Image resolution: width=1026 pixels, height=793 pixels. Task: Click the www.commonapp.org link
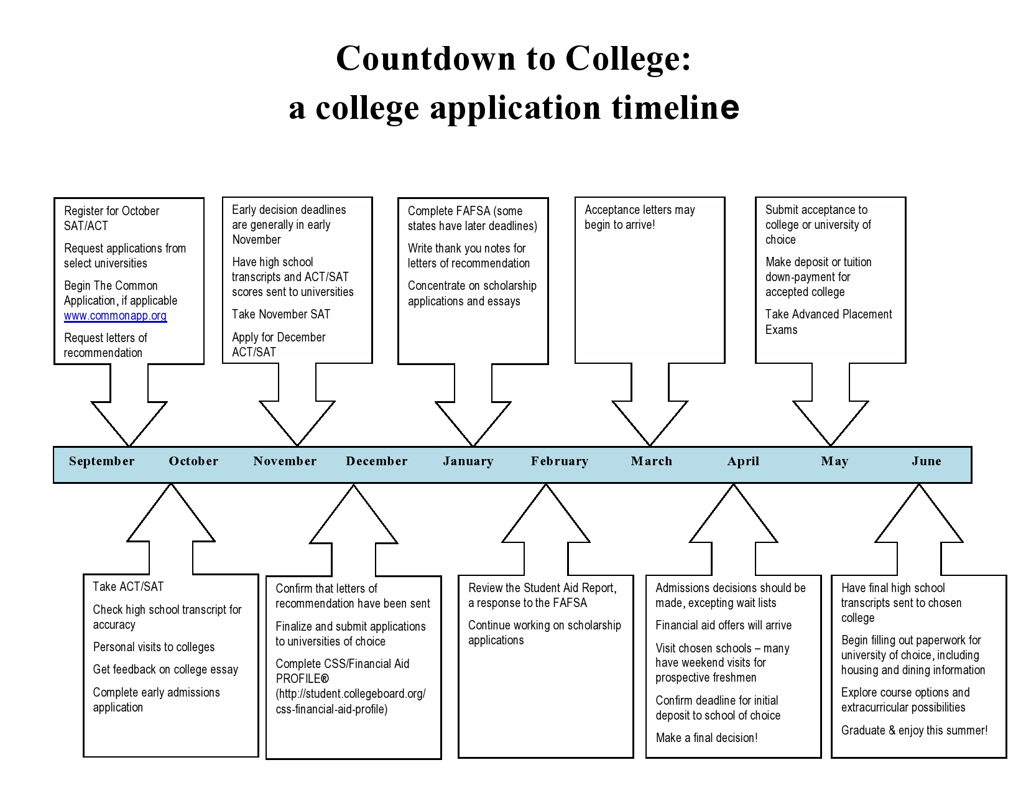pyautogui.click(x=115, y=315)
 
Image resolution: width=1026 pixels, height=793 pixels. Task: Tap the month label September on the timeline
pyautogui.click(x=101, y=461)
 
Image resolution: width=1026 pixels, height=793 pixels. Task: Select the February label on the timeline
pyautogui.click(x=560, y=461)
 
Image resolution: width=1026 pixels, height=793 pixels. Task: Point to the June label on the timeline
pyautogui.click(x=927, y=461)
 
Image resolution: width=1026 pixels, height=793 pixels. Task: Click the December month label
pyautogui.click(x=376, y=461)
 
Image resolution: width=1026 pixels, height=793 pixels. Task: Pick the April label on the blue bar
pyautogui.click(x=743, y=461)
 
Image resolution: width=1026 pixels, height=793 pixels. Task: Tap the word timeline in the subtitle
pyautogui.click(x=675, y=107)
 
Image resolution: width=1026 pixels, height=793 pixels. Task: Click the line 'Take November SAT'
pyautogui.click(x=281, y=314)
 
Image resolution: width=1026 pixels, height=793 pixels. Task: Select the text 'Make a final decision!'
pyautogui.click(x=706, y=738)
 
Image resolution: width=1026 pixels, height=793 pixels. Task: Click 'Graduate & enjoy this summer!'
pyautogui.click(x=914, y=730)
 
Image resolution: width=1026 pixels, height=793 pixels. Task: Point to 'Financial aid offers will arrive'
pyautogui.click(x=723, y=625)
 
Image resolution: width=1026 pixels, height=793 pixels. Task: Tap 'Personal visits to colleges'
pyautogui.click(x=154, y=647)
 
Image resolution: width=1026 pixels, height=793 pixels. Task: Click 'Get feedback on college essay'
pyautogui.click(x=165, y=670)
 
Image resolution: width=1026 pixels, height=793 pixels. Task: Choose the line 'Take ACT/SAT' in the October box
pyautogui.click(x=128, y=587)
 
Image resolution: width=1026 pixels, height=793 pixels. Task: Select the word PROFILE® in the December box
pyautogui.click(x=302, y=679)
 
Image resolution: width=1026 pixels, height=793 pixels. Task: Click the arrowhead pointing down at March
pyautogui.click(x=650, y=424)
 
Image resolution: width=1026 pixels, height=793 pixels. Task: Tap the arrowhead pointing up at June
pyautogui.click(x=919, y=513)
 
